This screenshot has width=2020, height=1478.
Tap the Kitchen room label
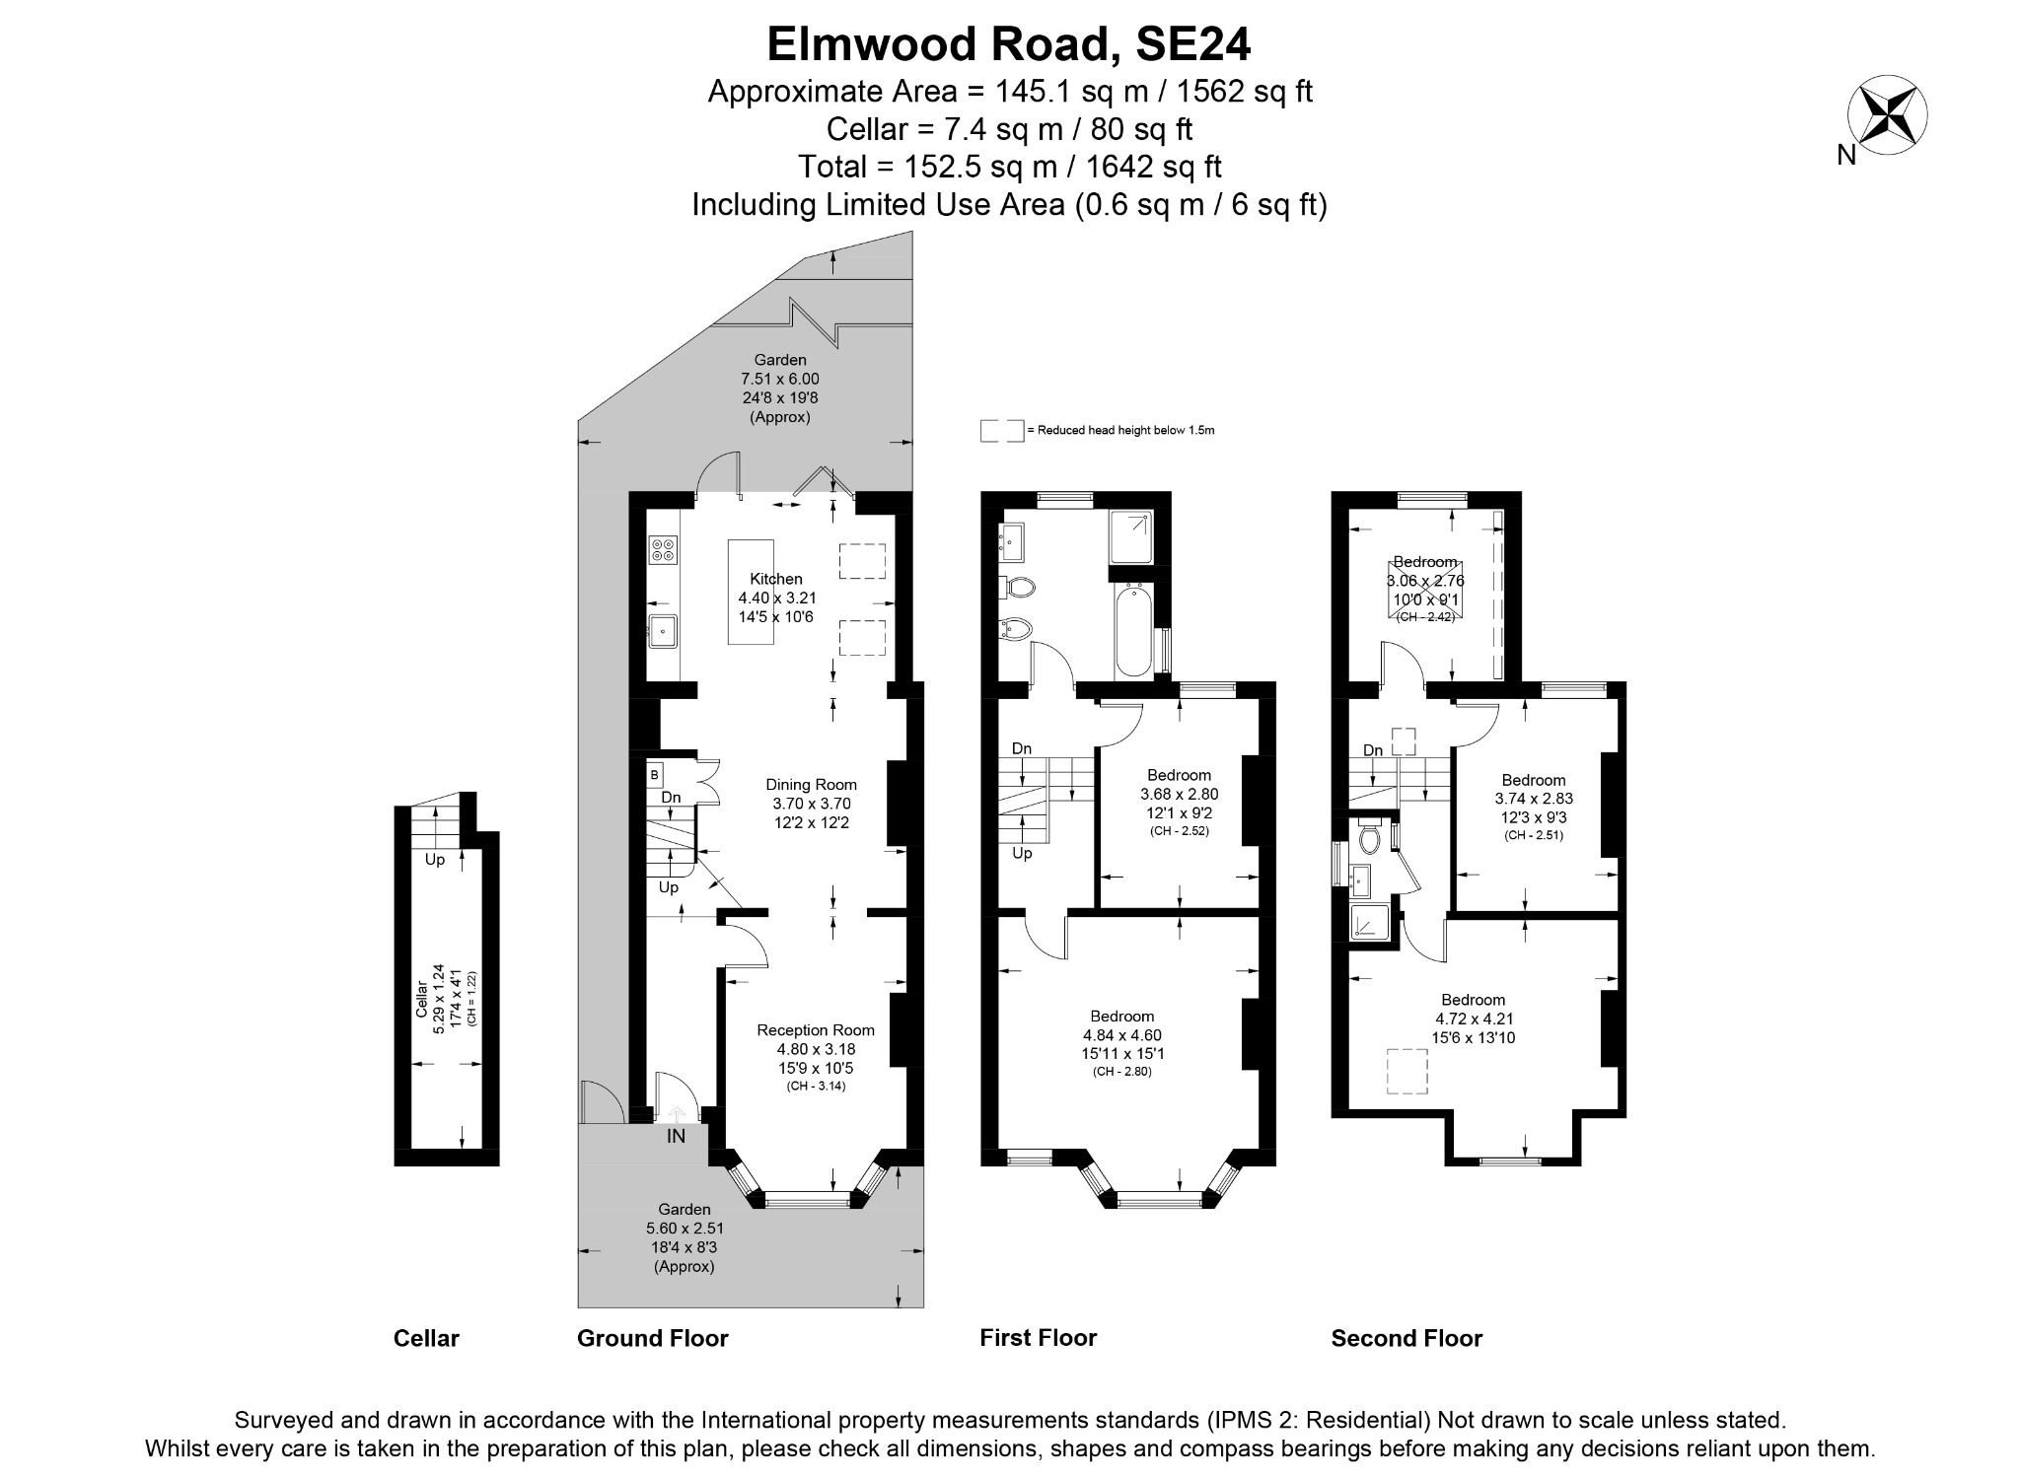click(x=776, y=579)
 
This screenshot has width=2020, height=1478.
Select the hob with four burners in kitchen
click(x=664, y=549)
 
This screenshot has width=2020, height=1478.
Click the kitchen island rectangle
click(x=752, y=592)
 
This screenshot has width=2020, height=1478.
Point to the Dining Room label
click(x=811, y=785)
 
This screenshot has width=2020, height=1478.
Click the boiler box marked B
click(x=655, y=775)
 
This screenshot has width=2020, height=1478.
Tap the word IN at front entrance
click(x=676, y=1136)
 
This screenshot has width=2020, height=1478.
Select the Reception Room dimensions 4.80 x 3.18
click(x=815, y=1049)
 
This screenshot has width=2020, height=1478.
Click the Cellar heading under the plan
click(x=426, y=1338)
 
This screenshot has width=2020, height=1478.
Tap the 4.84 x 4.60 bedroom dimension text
click(x=1121, y=1035)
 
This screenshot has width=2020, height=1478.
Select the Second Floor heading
click(x=1407, y=1338)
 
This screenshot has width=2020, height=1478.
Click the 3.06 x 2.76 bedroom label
click(x=1425, y=582)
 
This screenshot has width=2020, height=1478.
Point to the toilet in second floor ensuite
click(x=1368, y=839)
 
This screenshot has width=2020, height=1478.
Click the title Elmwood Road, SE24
click(x=1009, y=43)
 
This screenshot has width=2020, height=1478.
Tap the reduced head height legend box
click(x=1001, y=431)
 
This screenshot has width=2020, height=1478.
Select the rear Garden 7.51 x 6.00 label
click(x=779, y=379)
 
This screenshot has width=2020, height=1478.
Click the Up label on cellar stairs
click(x=434, y=859)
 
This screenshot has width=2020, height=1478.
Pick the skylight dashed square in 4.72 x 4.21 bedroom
click(x=1407, y=1072)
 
